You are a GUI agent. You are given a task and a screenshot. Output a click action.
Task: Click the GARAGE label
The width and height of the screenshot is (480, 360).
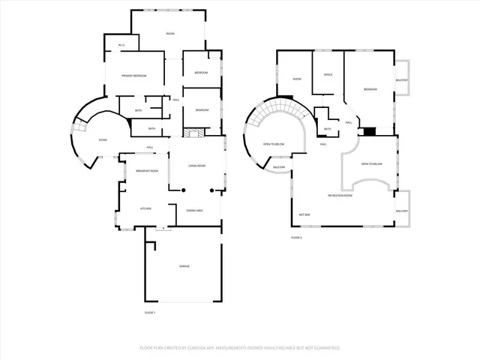pyautogui.click(x=184, y=266)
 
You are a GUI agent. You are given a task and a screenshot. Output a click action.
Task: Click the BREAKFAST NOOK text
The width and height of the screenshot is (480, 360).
pyautogui.click(x=147, y=171)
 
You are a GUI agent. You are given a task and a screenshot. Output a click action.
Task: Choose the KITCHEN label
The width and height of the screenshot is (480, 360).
pyautogui.click(x=146, y=208)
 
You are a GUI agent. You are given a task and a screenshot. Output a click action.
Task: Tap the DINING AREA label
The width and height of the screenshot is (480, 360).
pyautogui.click(x=195, y=211)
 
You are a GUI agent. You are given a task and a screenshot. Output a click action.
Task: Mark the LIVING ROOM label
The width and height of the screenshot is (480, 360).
pyautogui.click(x=197, y=166)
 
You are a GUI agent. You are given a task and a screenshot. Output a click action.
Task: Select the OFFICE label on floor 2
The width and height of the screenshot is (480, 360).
pyautogui.click(x=328, y=75)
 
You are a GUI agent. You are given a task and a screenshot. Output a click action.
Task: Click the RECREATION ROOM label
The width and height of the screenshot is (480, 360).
pyautogui.click(x=341, y=195)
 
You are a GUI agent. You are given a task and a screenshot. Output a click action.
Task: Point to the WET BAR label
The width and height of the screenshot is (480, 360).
pyautogui.click(x=304, y=214)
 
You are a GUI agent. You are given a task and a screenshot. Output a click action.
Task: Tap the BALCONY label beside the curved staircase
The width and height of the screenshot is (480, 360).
pyautogui.click(x=278, y=167)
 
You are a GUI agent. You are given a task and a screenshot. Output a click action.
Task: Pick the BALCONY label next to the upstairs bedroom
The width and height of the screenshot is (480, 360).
pyautogui.click(x=402, y=80)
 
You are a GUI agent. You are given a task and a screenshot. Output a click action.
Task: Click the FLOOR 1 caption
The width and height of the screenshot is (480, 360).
pyautogui.click(x=149, y=312)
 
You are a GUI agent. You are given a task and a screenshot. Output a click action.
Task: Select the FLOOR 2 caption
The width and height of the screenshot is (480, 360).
pyautogui.click(x=296, y=237)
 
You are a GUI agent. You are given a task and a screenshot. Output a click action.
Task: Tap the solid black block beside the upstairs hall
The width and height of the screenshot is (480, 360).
pyautogui.click(x=368, y=131)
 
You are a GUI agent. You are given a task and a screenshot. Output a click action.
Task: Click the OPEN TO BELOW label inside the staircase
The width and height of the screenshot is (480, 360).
pyautogui.click(x=273, y=143)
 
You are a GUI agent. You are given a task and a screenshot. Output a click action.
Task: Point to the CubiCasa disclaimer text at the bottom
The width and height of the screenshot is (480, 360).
pyautogui.click(x=240, y=348)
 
